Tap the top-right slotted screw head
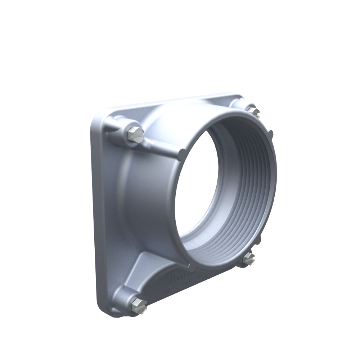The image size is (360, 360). (253, 111)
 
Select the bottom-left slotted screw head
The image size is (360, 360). (139, 305)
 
